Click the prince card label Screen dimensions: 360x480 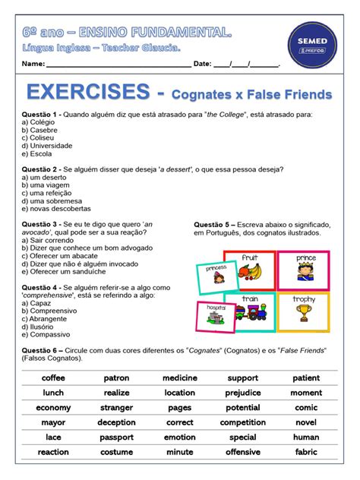pyautogui.click(x=305, y=258)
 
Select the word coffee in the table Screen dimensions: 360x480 pyautogui.click(x=53, y=377)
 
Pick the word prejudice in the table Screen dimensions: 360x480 pyautogui.click(x=243, y=393)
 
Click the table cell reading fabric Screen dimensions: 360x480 pyautogui.click(x=306, y=451)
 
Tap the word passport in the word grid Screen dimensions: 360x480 pyautogui.click(x=116, y=437)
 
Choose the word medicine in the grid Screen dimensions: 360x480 pyautogui.click(x=180, y=377)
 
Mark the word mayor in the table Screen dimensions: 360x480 pyautogui.click(x=53, y=422)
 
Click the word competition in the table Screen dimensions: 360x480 pyautogui.click(x=243, y=422)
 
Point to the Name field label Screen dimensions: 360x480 pyautogui.click(x=33, y=65)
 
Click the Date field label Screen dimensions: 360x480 pyautogui.click(x=202, y=65)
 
